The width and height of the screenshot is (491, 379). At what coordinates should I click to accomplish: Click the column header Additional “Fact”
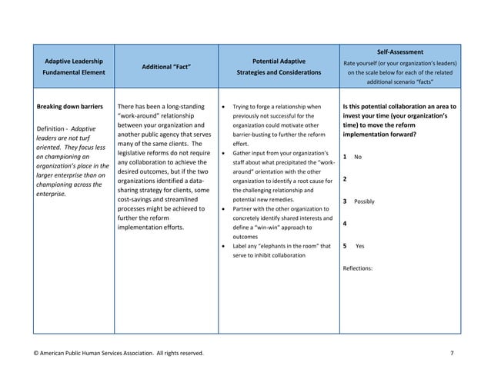(165, 66)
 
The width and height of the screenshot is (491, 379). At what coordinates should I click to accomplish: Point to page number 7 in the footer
(451, 353)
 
